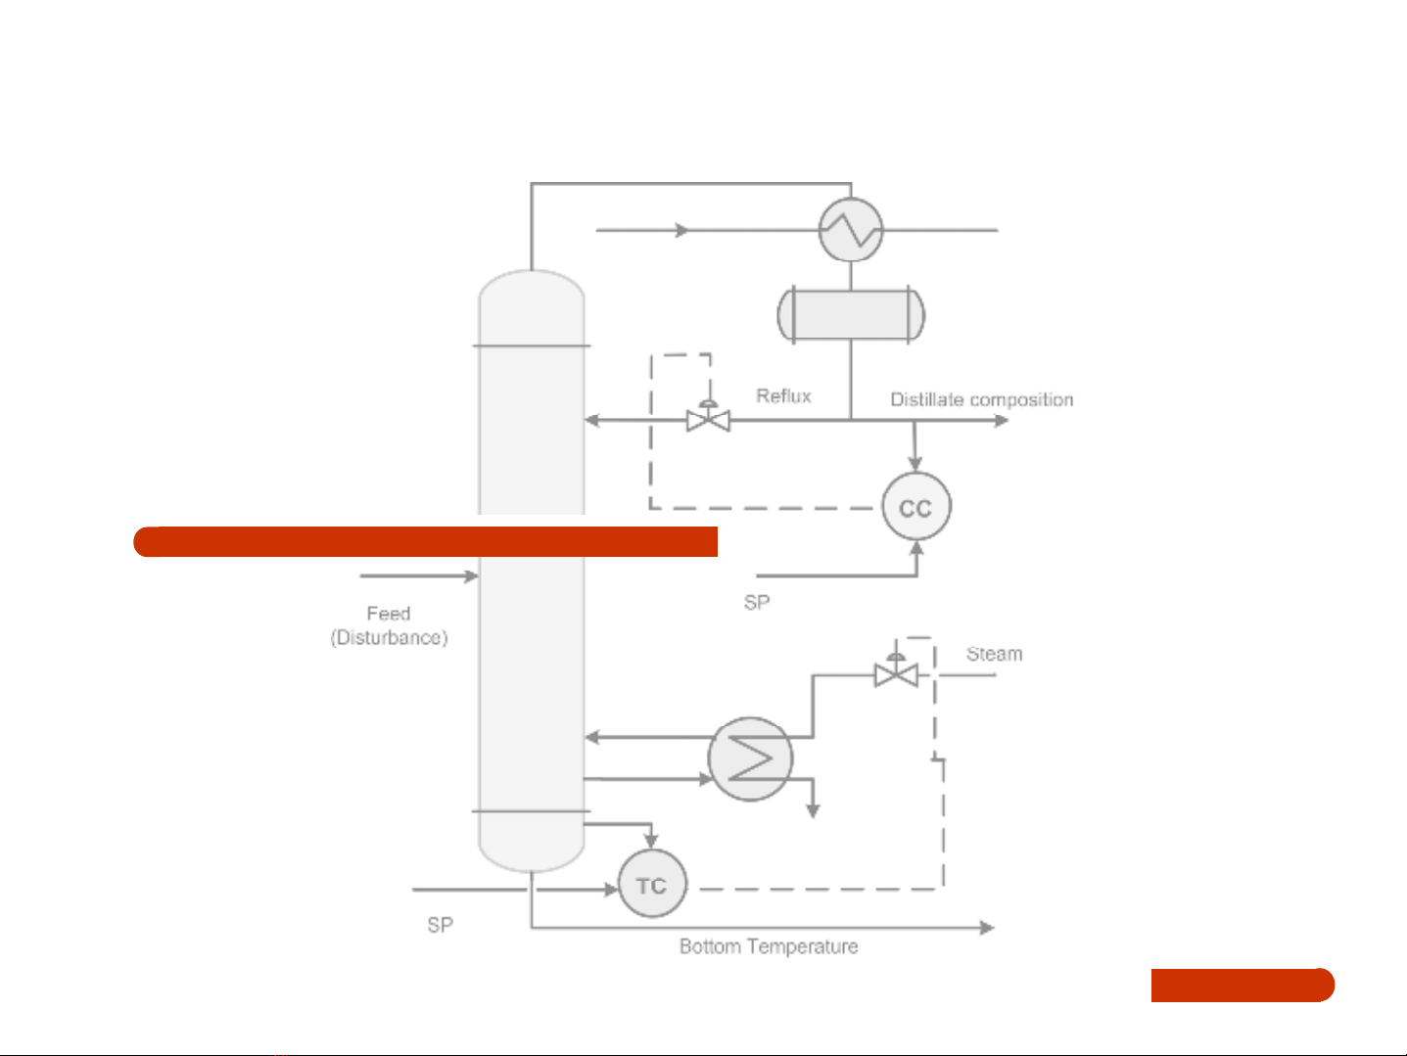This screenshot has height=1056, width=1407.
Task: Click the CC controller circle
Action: pos(915,507)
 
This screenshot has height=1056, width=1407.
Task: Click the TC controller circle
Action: pos(652,885)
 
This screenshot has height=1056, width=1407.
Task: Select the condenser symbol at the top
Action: pos(851,230)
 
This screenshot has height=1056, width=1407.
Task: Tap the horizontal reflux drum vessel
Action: pos(851,314)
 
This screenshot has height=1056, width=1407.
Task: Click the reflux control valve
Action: pos(708,419)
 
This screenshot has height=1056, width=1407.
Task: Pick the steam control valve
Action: pos(895,672)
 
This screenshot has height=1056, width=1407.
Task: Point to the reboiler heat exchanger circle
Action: pos(750,759)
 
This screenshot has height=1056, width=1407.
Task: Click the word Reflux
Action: pos(783,395)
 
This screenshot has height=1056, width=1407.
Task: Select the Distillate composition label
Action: pos(981,399)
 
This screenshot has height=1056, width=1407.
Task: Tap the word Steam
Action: pos(994,654)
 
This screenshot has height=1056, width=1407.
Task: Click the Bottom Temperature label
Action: pos(769,946)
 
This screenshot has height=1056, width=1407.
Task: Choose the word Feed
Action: pos(388,614)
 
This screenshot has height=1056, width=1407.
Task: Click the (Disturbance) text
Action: pos(389,638)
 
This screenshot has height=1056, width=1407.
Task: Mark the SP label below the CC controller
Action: pos(756,602)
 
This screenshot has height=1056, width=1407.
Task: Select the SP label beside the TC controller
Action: pos(440,925)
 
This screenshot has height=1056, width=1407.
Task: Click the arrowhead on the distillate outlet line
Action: pos(1001,421)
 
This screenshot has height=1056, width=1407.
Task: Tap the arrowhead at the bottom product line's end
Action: pos(987,927)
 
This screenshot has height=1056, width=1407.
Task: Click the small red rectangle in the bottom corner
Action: pos(1242,985)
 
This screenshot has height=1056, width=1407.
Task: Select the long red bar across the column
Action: pos(425,541)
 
